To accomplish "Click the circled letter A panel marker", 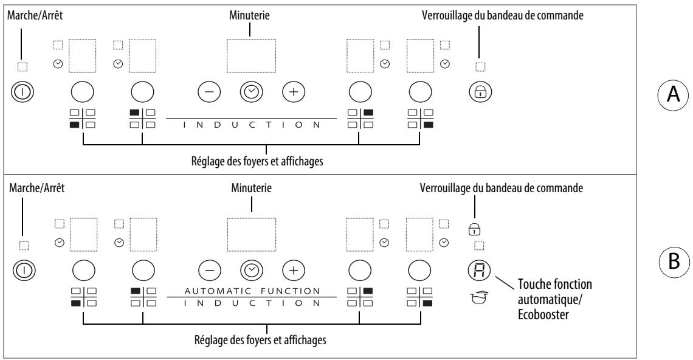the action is [673, 94].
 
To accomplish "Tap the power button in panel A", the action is [22, 92].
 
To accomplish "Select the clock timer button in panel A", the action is [252, 92].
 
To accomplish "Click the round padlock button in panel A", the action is [480, 92].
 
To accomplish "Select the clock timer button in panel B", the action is [252, 270].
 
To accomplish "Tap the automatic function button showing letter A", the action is [479, 270].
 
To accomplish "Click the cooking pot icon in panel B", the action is [478, 297].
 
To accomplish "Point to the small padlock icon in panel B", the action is [475, 229].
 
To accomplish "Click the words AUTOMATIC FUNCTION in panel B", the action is [252, 291].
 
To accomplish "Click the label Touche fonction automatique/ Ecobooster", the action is [554, 299].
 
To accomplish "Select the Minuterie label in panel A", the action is [249, 15].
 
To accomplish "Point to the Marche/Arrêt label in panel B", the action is [36, 188].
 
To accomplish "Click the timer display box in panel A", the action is [252, 56].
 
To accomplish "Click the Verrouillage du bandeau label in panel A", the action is [503, 15].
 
